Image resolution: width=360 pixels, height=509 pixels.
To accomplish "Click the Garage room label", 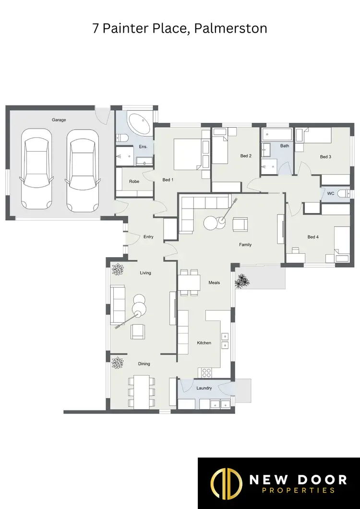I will [59, 120].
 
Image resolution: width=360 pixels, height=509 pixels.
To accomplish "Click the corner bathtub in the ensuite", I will [140, 123].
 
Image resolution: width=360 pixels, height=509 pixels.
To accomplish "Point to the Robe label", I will [134, 182].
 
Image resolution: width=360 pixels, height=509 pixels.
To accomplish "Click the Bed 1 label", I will [168, 180].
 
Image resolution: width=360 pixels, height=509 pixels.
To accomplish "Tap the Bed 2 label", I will [246, 155].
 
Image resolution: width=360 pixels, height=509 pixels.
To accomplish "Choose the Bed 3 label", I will [326, 157].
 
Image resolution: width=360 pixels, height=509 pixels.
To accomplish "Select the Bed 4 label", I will [313, 237].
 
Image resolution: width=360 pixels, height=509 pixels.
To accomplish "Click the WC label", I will [330, 193].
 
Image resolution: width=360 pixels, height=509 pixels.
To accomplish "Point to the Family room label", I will [245, 245].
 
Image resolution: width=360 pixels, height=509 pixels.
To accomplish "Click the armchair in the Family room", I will [240, 224].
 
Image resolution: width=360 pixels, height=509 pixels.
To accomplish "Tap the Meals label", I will [214, 283].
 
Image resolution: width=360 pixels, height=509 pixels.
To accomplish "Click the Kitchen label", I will [204, 343].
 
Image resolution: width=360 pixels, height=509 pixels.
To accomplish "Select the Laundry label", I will [204, 388].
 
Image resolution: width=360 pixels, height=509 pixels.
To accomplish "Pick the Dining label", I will [144, 364].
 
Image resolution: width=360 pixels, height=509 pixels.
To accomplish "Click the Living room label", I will [145, 272].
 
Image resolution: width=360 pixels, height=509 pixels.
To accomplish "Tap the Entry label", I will [148, 237].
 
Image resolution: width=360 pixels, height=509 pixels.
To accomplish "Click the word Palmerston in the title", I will [234, 28].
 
